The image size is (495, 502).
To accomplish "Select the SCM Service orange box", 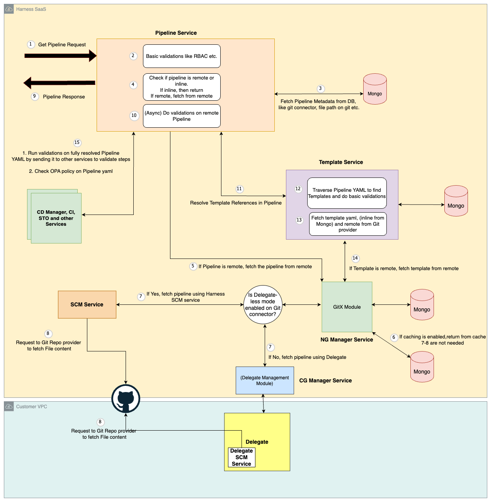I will (x=87, y=304).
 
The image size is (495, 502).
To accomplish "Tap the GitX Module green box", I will (x=347, y=307).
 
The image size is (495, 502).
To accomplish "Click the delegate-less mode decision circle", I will (x=263, y=304).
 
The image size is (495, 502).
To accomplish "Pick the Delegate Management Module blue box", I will (x=265, y=380).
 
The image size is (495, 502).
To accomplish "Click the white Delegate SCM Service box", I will (x=242, y=457).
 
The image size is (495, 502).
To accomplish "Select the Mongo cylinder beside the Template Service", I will (x=456, y=201).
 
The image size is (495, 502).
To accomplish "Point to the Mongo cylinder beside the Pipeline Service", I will (x=375, y=89).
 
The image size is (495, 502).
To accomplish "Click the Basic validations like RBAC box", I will (x=182, y=56).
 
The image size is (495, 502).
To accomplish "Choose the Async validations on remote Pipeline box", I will (x=182, y=116).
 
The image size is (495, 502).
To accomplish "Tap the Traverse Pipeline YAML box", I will (x=347, y=193).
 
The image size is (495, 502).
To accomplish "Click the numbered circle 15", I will (x=77, y=143).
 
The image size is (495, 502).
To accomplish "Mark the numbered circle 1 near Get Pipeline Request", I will (x=31, y=44).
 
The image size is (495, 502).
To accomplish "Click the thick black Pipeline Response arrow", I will (x=60, y=83).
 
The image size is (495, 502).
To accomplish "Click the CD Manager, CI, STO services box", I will (x=56, y=218).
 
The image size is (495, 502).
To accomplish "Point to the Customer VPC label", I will (x=31, y=407).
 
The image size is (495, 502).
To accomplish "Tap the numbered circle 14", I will (x=355, y=259).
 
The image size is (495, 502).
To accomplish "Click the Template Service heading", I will (x=341, y=162).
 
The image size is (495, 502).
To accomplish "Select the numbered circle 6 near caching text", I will (x=394, y=337).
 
